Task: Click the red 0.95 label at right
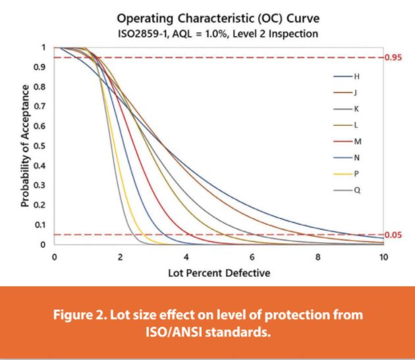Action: click(x=394, y=58)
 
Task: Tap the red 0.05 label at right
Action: click(x=394, y=235)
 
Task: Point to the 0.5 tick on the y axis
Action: click(x=41, y=146)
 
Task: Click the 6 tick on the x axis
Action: click(x=252, y=257)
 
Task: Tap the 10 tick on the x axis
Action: click(x=383, y=257)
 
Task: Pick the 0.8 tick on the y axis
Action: click(x=41, y=87)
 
